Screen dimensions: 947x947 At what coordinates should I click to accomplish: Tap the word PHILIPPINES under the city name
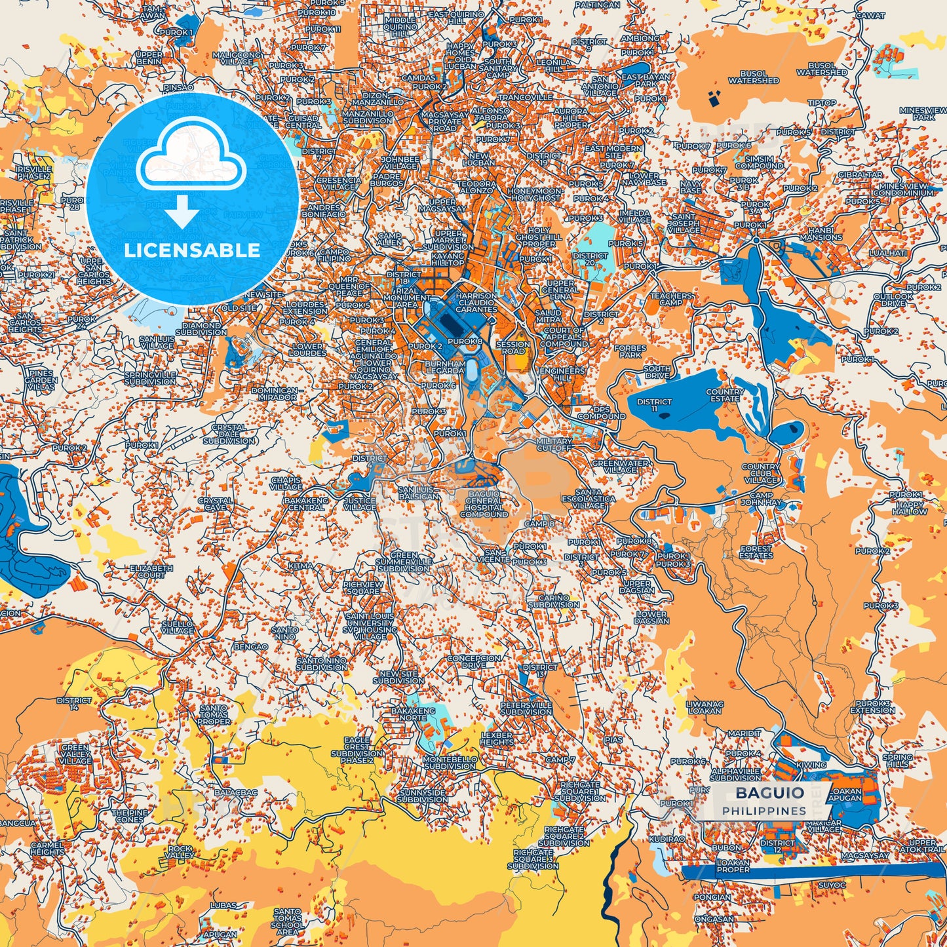pos(764,811)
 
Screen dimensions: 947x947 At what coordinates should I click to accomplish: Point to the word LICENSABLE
pos(192,250)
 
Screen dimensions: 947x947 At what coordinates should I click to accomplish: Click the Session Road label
pos(513,347)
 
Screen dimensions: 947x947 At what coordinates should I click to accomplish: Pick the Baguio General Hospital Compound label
pos(484,504)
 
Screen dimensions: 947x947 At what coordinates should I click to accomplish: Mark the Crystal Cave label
pos(215,503)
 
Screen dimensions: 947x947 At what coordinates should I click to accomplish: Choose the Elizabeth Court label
pos(151,571)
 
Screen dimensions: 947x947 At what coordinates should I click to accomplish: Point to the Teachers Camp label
pos(670,299)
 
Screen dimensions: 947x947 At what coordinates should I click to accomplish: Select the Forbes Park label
pos(630,351)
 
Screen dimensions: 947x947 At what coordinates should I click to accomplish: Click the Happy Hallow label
pos(910,507)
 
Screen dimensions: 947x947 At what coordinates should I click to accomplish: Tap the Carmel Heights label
pos(47,848)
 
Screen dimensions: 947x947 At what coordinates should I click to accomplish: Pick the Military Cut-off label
pos(554,445)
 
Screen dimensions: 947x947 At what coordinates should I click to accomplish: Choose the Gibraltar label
pos(860,175)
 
